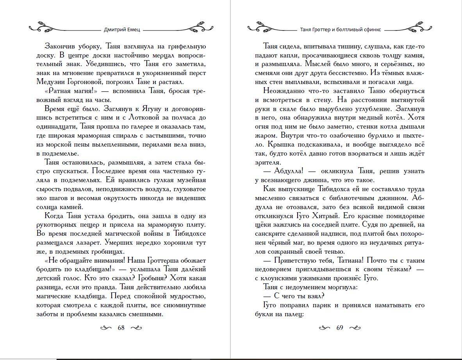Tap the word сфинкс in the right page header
[372, 29]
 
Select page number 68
[121, 328]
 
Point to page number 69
[339, 328]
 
